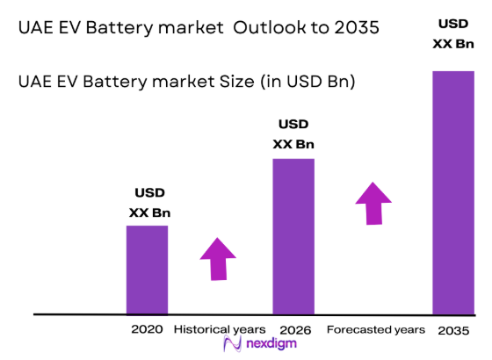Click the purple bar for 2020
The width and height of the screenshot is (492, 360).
[147, 270]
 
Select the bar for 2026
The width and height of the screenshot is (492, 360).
[293, 235]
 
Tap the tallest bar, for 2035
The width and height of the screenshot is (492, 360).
[453, 191]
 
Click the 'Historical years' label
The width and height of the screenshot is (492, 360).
[215, 329]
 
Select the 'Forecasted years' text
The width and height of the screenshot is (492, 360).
[376, 329]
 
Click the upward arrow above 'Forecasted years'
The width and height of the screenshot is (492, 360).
[374, 204]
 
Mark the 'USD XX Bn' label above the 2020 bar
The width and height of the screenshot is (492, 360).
[149, 202]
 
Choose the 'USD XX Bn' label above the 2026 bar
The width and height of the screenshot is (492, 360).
[294, 133]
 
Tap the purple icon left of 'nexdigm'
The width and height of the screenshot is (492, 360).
[232, 344]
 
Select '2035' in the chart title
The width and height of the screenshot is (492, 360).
[356, 27]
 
